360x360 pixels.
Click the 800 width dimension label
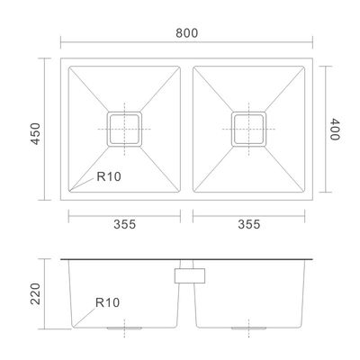[186, 33]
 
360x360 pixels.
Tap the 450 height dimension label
[36, 133]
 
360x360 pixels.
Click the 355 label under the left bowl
[124, 224]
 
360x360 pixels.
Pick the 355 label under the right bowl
[249, 224]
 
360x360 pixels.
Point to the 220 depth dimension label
[36, 293]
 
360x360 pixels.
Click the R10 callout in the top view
[109, 176]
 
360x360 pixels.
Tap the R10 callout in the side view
[107, 302]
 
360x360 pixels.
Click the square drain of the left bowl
[124, 129]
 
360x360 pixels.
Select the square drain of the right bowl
[248, 129]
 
